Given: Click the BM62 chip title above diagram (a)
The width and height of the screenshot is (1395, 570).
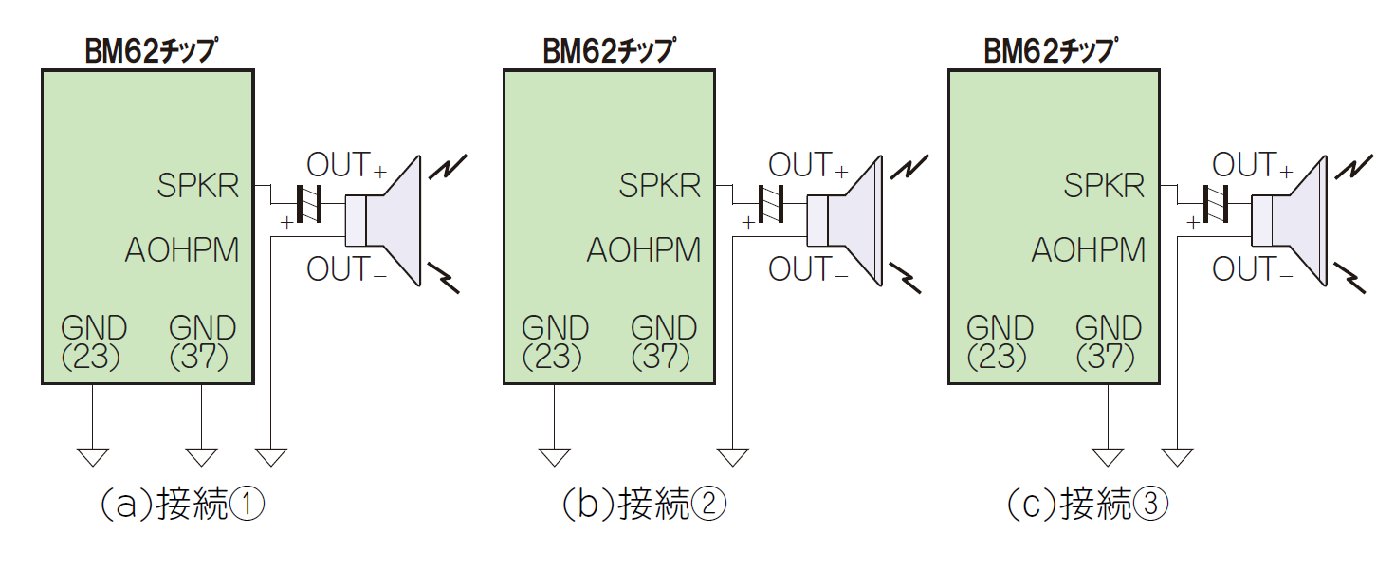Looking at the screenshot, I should point(148,50).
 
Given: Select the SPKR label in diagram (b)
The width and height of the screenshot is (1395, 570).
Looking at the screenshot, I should point(660,185).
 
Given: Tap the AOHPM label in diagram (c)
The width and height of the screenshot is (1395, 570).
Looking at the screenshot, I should point(1088,250).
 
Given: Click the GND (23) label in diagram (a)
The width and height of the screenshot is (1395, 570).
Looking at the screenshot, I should point(94,341).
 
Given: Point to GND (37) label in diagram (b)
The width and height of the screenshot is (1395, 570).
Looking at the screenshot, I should point(664,341).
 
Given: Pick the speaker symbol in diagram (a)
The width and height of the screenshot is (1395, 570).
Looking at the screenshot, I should point(385,221).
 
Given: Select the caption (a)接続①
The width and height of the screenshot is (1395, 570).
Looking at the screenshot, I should point(181,505).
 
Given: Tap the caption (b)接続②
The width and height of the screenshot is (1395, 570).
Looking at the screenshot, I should point(643,505).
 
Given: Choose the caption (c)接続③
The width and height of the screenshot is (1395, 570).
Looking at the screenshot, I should point(1087,505).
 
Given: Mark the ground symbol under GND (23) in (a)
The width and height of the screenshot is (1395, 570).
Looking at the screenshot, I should point(93,456).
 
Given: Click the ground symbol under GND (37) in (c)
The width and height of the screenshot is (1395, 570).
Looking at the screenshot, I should point(1107,456).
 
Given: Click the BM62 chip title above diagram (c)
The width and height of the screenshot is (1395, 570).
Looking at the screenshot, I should point(1049,50).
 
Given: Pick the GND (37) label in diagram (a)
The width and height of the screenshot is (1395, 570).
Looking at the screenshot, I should point(202,341).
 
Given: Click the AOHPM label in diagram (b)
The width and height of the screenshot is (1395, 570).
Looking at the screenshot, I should point(644,250).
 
